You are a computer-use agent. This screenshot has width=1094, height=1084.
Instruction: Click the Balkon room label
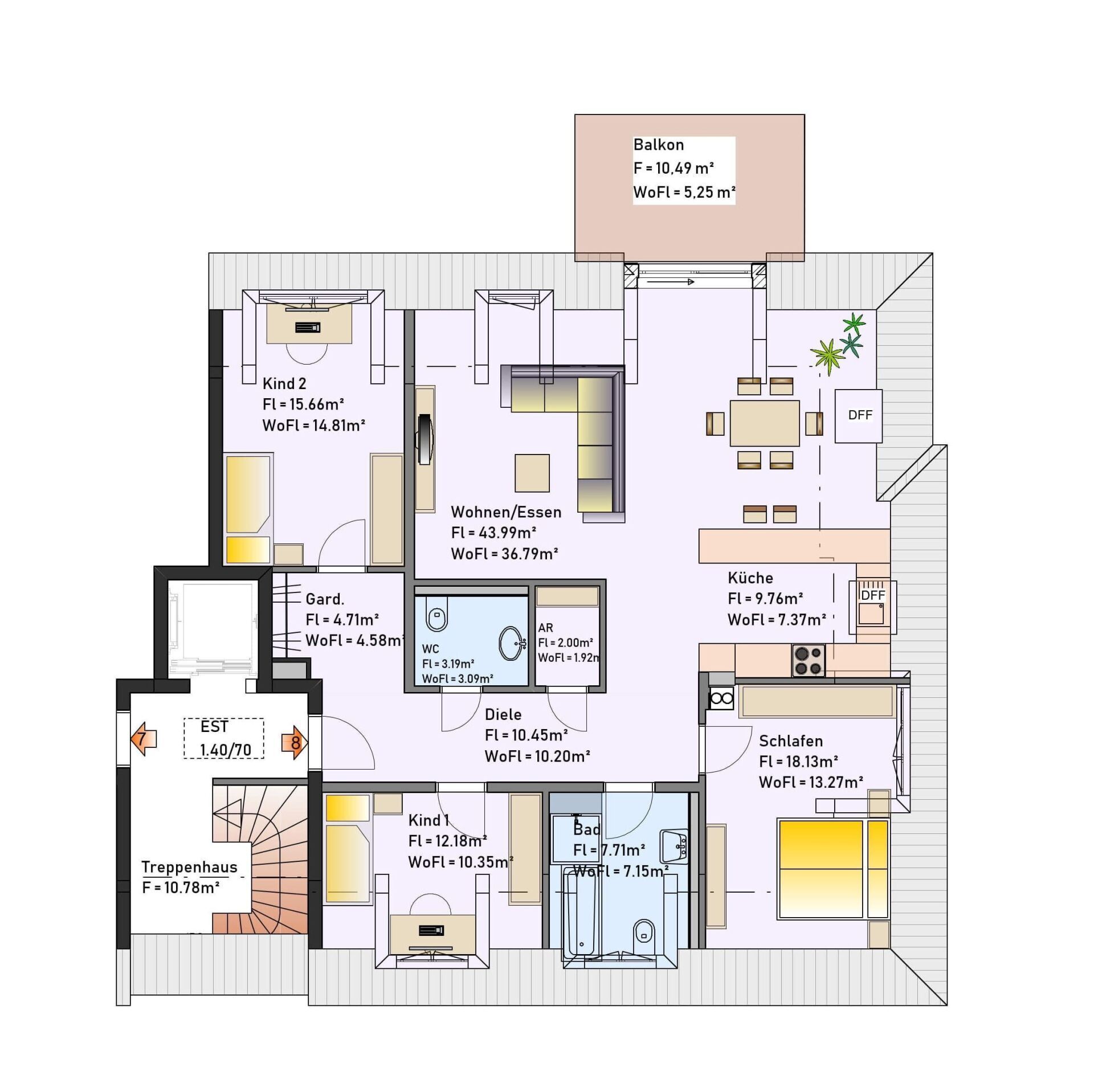[x=658, y=145]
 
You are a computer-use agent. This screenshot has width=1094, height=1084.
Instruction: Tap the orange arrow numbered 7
[x=143, y=739]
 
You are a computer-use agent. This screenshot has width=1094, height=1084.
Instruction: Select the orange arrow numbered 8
[x=295, y=743]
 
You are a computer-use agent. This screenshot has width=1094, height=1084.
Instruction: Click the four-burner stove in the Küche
[x=808, y=660]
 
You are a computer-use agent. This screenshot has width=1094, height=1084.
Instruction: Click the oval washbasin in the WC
[x=512, y=644]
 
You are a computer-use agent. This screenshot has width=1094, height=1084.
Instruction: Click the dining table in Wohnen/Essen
[x=765, y=423]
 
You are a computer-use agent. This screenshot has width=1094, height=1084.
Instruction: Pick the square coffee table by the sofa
[x=532, y=473]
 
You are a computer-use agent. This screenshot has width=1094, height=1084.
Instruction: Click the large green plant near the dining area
[x=827, y=356]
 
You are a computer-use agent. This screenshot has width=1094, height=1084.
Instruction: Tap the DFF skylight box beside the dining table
[x=859, y=416]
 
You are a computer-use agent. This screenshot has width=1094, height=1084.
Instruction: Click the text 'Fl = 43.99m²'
[x=493, y=533]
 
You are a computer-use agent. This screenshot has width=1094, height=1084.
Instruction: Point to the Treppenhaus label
[x=189, y=868]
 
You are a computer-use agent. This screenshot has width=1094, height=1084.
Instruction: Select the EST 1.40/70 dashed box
[x=224, y=738]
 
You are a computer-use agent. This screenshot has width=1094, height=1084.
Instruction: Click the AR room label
[x=545, y=628]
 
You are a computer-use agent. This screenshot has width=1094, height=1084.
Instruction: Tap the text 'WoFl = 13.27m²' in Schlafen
[x=811, y=782]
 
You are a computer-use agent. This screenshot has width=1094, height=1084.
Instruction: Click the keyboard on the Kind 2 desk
[x=308, y=328]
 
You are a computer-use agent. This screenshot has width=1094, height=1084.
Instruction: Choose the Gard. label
[x=325, y=599]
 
